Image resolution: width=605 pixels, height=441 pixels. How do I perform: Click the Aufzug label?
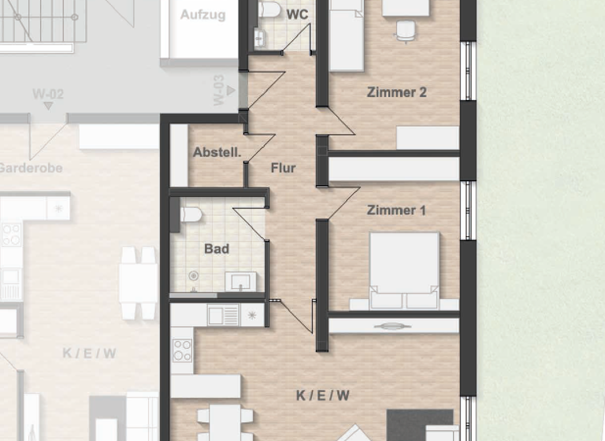pyautogui.click(x=202, y=15)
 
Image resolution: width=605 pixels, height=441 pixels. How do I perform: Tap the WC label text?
pyautogui.click(x=297, y=15)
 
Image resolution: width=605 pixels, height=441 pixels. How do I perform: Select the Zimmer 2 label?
pyautogui.click(x=396, y=92)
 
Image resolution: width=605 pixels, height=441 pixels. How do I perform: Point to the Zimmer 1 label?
pyautogui.click(x=396, y=210)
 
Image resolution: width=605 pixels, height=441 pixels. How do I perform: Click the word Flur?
pyautogui.click(x=283, y=169)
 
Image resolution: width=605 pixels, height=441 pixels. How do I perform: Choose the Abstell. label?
pyautogui.click(x=217, y=153)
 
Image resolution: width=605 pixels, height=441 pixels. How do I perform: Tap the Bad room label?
pyautogui.click(x=217, y=249)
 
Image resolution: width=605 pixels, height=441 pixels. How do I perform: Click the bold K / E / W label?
pyautogui.click(x=323, y=395)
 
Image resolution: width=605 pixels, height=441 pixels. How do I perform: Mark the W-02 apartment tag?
pyautogui.click(x=48, y=94)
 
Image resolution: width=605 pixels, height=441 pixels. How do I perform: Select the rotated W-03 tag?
pyautogui.click(x=219, y=90)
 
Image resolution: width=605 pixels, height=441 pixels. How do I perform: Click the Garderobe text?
pyautogui.click(x=30, y=168)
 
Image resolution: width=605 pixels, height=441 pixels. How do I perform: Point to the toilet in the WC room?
pyautogui.click(x=269, y=9)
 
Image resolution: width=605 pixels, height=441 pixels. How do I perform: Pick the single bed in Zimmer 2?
pyautogui.click(x=346, y=35)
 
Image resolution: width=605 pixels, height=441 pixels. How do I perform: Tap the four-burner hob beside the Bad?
pyautogui.click(x=182, y=350)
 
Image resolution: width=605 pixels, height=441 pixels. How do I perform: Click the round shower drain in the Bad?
pyautogui.click(x=192, y=276)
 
